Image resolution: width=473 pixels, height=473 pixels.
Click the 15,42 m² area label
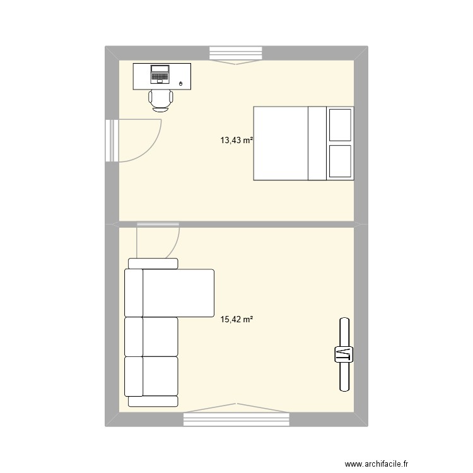point(237,320)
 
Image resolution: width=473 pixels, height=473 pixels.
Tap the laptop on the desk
point(160,74)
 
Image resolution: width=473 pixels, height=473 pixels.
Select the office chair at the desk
point(160,100)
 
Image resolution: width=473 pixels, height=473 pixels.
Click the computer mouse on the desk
point(182,83)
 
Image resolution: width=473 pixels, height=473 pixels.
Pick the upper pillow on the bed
point(341,125)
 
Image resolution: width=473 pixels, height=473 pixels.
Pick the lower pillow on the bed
point(341,161)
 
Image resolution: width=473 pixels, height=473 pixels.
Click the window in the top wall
point(235,54)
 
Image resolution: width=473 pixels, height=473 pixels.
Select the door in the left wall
point(112,141)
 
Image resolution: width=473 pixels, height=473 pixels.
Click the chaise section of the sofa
point(178,293)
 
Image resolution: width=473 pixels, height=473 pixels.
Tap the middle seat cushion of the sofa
point(160,337)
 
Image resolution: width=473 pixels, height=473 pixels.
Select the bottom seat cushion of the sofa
point(160,376)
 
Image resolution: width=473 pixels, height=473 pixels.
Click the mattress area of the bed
point(281,144)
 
